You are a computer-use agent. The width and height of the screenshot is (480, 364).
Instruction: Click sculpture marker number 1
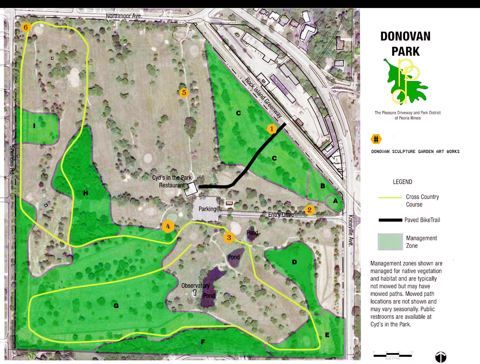tap(272, 129)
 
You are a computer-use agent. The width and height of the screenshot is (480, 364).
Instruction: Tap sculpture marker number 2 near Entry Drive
tap(309, 210)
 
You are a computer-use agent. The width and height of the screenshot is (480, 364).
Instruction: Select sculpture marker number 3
tap(229, 237)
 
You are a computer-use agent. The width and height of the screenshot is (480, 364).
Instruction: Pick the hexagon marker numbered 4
tap(168, 226)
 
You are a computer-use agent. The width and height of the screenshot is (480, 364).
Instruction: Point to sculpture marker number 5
tap(184, 93)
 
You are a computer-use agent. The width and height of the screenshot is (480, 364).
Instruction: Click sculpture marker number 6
tap(26, 28)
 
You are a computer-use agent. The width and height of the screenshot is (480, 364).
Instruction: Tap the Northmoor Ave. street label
tap(124, 16)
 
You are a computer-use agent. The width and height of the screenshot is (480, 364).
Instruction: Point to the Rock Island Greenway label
tap(263, 98)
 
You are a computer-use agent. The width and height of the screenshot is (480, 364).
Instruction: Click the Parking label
tap(207, 209)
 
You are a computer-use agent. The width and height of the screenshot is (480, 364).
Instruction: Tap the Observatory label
tap(195, 286)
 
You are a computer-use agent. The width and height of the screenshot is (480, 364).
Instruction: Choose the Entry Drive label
tap(281, 215)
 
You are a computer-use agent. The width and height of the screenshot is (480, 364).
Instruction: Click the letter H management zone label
tap(86, 193)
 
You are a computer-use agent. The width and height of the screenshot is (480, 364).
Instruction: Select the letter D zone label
tap(294, 262)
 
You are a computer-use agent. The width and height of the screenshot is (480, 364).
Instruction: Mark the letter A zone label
tap(335, 201)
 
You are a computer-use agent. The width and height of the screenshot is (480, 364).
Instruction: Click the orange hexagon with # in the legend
tap(376, 139)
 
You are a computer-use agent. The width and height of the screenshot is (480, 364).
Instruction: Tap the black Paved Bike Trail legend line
tap(390, 220)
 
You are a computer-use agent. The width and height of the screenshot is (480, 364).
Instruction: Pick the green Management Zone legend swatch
tap(390, 242)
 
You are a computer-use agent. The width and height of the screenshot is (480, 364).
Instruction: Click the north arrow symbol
tap(441, 357)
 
